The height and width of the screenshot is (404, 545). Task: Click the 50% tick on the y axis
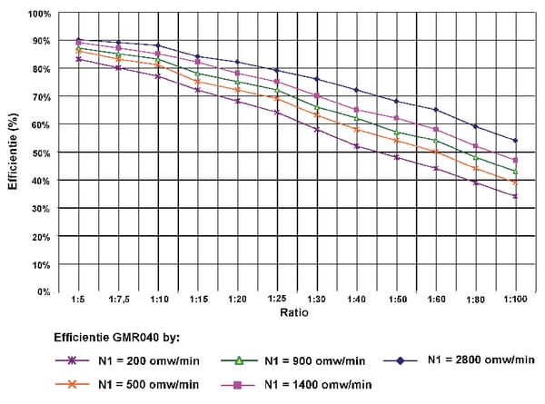click(x=42, y=153)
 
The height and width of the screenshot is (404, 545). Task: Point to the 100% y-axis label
click(x=39, y=15)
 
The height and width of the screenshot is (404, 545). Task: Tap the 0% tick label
click(x=44, y=291)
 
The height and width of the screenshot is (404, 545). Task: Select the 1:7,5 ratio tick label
click(x=119, y=299)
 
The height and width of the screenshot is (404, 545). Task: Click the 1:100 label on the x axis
click(x=515, y=299)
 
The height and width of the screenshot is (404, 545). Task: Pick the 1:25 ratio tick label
click(x=277, y=299)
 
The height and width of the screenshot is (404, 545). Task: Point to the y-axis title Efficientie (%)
click(x=13, y=152)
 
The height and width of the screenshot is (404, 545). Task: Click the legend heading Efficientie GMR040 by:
click(x=117, y=338)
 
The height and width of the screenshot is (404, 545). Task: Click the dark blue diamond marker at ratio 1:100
click(x=515, y=141)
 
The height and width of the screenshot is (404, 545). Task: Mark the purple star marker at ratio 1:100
click(x=515, y=196)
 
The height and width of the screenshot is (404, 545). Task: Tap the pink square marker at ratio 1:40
click(x=356, y=110)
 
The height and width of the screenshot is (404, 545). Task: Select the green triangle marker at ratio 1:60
click(x=436, y=141)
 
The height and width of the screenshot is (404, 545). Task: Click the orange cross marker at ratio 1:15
click(x=198, y=82)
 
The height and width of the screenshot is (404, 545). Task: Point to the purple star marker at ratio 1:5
click(x=78, y=59)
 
